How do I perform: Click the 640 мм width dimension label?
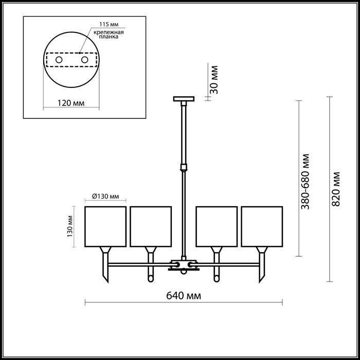coord(184,296)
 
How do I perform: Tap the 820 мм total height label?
coord(336,189)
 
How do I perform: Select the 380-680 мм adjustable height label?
coord(305,182)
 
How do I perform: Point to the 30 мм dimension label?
coord(214,80)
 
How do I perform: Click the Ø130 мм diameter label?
coord(105,196)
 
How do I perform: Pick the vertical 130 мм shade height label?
coord(70,227)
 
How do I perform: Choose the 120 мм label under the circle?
coord(71,103)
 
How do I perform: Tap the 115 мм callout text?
coord(109,24)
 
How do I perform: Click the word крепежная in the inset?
coord(109,32)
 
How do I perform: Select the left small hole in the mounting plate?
coord(59,60)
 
